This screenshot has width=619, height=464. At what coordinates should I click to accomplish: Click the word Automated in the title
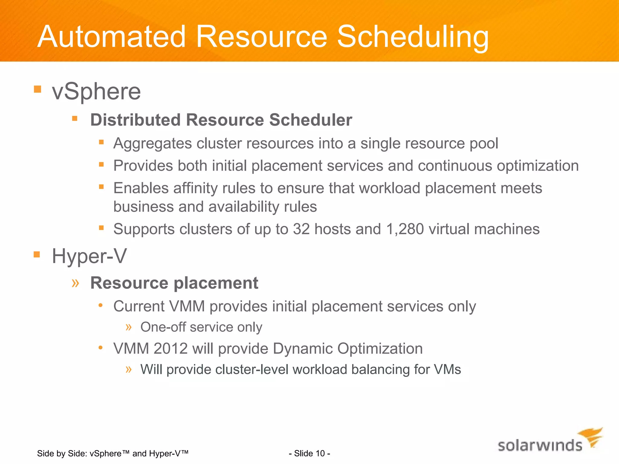click(x=111, y=37)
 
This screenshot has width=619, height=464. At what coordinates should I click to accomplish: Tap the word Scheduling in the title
click(x=412, y=37)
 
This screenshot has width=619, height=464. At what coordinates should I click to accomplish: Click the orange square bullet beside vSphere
click(x=37, y=89)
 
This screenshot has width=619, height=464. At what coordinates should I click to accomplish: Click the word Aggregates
click(x=152, y=144)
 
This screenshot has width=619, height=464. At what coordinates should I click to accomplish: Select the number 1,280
click(x=405, y=229)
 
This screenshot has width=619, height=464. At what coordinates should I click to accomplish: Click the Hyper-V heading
click(x=89, y=256)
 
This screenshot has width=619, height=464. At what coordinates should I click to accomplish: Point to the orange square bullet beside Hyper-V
click(x=37, y=254)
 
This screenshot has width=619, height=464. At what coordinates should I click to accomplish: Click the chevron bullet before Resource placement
click(x=75, y=283)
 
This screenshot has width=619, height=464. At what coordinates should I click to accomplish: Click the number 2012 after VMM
click(x=170, y=349)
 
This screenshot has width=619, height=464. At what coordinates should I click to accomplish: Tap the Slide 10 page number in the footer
click(x=309, y=453)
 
